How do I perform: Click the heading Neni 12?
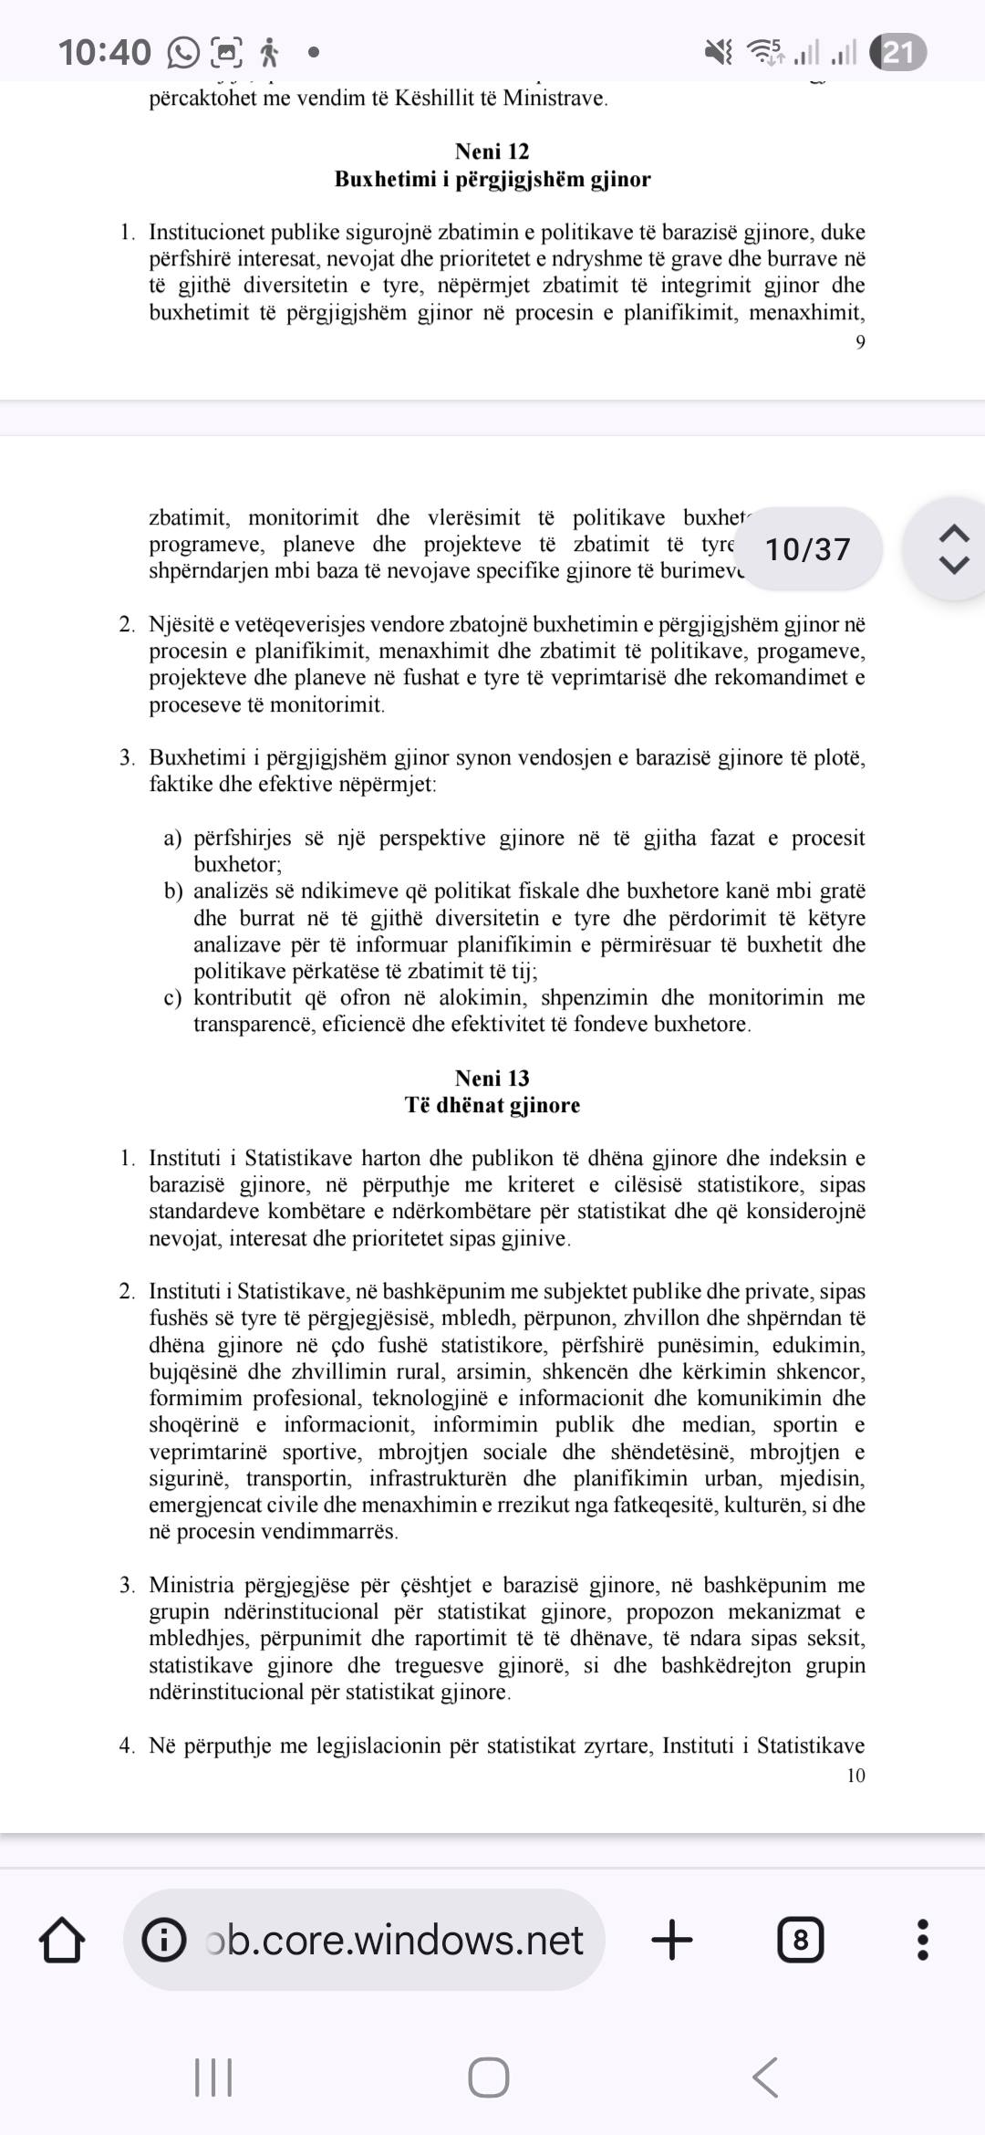coord(492,151)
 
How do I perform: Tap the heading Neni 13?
coord(492,1078)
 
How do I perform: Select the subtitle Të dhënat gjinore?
coord(492,1105)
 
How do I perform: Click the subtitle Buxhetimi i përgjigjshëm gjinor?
coord(492,179)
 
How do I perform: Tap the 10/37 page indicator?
coord(807,549)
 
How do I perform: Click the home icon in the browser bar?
coord(62,1940)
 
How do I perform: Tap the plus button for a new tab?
coord(672,1940)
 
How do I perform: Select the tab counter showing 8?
coord(800,1940)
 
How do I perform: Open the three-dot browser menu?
coord(922,1940)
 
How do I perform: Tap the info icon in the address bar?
coord(164,1940)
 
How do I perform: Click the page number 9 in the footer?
coord(860,342)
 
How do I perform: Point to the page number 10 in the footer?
coord(855,1776)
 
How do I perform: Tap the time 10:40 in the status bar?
coord(104,52)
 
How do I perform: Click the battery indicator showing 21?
coord(897,52)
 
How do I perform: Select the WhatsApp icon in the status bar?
coord(182,53)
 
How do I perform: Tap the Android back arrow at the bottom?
coord(765,2078)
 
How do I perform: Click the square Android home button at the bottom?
coord(489,2078)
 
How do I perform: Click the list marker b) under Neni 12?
coord(173,891)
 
